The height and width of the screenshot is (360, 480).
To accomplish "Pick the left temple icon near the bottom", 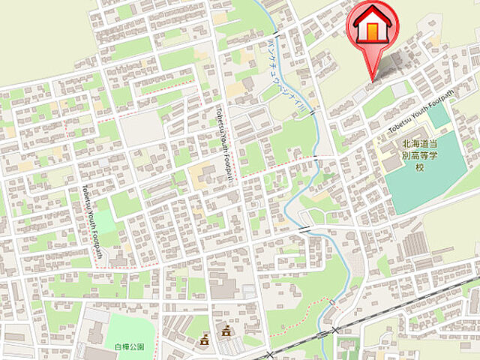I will pyautogui.click(x=203, y=340).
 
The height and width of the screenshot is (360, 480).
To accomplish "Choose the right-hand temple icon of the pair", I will pyautogui.click(x=225, y=331).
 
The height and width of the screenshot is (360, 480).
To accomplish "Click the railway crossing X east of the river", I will pyautogui.click(x=335, y=329).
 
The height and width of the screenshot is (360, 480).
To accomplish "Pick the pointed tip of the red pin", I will pyautogui.click(x=372, y=79).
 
